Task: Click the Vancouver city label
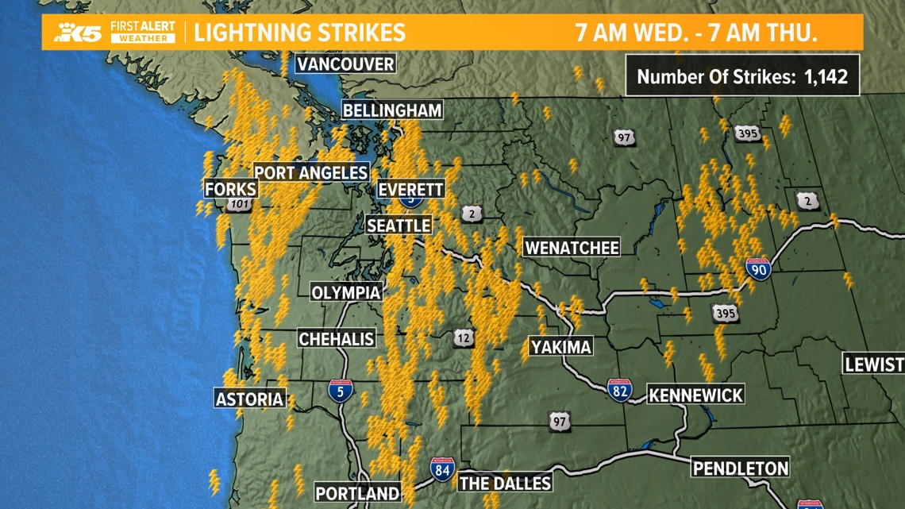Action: click(x=345, y=64)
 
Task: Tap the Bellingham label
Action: click(x=392, y=110)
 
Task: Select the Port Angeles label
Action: click(x=311, y=172)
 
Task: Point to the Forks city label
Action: click(x=231, y=189)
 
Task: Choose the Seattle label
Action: click(x=399, y=226)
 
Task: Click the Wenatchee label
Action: click(x=572, y=248)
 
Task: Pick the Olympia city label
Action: click(x=346, y=292)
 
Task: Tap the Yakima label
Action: click(x=561, y=347)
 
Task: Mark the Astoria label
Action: click(x=250, y=399)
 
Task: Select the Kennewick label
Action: click(x=695, y=395)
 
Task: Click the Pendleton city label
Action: click(x=741, y=468)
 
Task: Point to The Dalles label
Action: click(x=505, y=483)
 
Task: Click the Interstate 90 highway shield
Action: click(x=758, y=269)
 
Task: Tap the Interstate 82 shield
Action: click(x=620, y=390)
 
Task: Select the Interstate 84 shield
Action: click(x=442, y=469)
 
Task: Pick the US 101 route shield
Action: click(x=239, y=205)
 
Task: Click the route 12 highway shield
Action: click(x=464, y=339)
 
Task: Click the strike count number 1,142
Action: click(x=826, y=77)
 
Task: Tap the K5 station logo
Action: click(x=78, y=33)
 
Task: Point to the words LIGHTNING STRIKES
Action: click(x=300, y=33)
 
